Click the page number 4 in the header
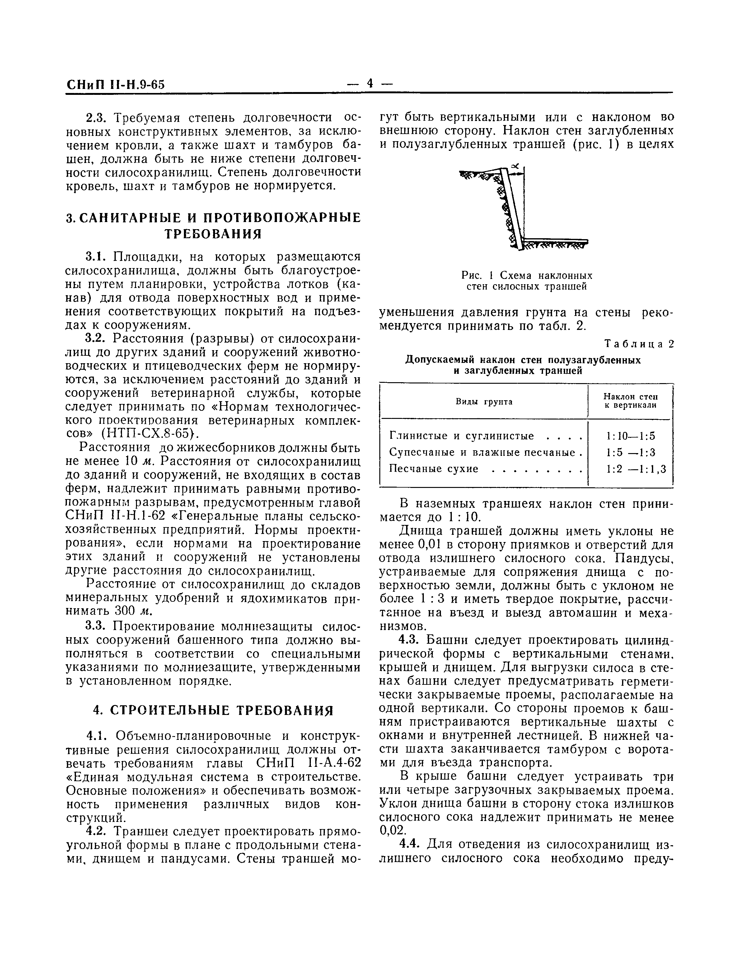point(370,83)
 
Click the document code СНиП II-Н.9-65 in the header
point(115,84)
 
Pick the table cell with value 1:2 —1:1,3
point(636,469)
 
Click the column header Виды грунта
point(484,401)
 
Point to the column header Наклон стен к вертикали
point(630,401)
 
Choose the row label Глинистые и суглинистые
point(461,436)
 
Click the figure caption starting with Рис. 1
point(527,281)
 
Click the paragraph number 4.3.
point(410,641)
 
